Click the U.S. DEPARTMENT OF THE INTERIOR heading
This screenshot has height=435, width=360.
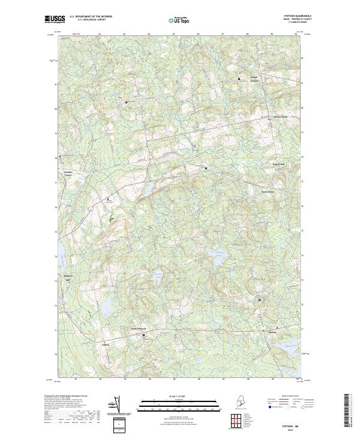tap(91, 17)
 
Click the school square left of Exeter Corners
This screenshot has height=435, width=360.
tap(239, 79)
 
